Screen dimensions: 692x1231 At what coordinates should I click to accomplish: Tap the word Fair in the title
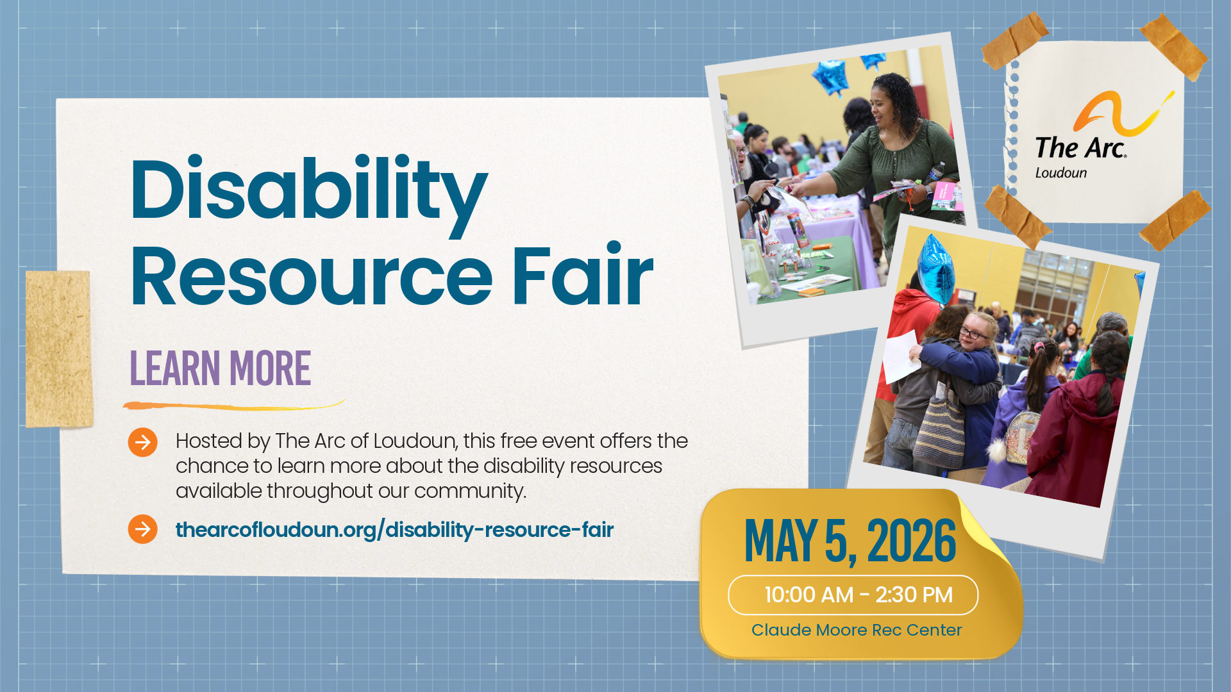tap(582, 277)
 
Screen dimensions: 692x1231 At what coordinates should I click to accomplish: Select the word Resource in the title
tap(311, 277)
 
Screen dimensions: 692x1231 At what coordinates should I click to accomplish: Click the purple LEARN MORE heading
tap(221, 369)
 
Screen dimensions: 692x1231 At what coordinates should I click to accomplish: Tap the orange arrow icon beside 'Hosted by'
tap(142, 442)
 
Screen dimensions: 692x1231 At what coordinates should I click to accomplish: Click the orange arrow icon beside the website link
tap(142, 529)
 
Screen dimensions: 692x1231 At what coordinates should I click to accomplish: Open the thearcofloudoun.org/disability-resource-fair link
tap(394, 530)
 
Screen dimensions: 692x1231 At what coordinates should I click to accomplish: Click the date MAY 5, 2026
tap(850, 541)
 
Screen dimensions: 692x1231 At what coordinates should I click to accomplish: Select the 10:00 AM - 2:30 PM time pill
tap(853, 595)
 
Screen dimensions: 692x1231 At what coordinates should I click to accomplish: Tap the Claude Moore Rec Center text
tap(857, 630)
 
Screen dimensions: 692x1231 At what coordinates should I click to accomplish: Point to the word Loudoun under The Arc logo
tap(1061, 173)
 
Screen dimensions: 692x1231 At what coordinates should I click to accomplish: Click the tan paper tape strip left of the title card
tap(59, 349)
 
